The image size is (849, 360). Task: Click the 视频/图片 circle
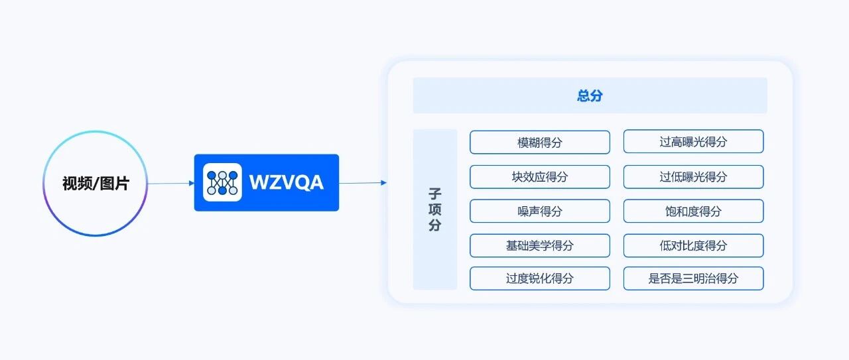pyautogui.click(x=96, y=184)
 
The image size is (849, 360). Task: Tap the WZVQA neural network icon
pyautogui.click(x=222, y=182)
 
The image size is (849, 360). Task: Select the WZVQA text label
pyautogui.click(x=287, y=182)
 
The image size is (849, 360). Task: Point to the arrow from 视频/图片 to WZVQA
pyautogui.click(x=170, y=183)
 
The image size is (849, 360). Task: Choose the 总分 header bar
pyautogui.click(x=590, y=95)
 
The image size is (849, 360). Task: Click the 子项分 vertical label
pyautogui.click(x=435, y=210)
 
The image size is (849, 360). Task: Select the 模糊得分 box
pyautogui.click(x=540, y=142)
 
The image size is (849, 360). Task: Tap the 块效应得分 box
pyautogui.click(x=540, y=177)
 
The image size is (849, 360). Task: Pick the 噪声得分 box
pyautogui.click(x=540, y=211)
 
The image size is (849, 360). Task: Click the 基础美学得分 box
pyautogui.click(x=540, y=245)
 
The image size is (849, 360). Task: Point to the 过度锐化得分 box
pyautogui.click(x=540, y=278)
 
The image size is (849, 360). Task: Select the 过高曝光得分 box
pyautogui.click(x=693, y=142)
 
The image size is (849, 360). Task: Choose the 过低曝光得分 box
pyautogui.click(x=693, y=177)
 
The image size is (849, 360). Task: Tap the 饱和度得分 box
pyautogui.click(x=693, y=211)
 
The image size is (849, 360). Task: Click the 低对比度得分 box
pyautogui.click(x=693, y=245)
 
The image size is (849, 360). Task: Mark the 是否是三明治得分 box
pyautogui.click(x=693, y=278)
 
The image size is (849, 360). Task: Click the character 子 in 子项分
pyautogui.click(x=435, y=194)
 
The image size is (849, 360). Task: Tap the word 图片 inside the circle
pyautogui.click(x=114, y=184)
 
